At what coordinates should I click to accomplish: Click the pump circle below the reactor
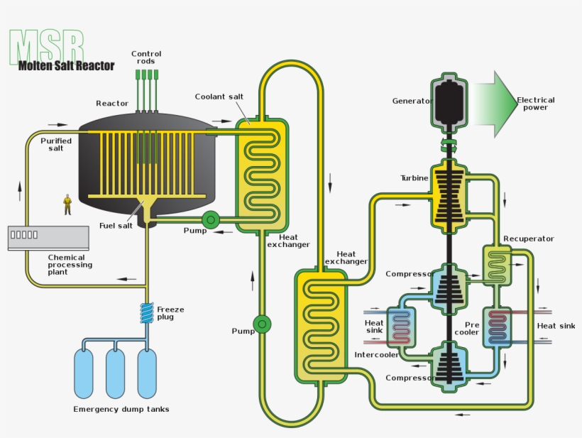(x=211, y=220)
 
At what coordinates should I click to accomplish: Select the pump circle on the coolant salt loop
(x=262, y=324)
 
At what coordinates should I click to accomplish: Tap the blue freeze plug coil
(x=147, y=313)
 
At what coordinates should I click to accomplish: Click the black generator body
(x=449, y=103)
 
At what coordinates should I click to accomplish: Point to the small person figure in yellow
(x=67, y=204)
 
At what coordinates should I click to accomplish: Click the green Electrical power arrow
(x=495, y=104)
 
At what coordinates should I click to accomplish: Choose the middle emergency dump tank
(x=116, y=373)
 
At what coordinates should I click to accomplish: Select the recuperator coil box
(x=498, y=265)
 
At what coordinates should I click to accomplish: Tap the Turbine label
(x=414, y=178)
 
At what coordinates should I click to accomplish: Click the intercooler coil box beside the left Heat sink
(x=401, y=327)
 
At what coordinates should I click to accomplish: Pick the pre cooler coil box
(x=498, y=327)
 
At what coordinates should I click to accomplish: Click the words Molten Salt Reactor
(x=67, y=66)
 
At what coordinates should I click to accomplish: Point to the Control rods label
(x=146, y=58)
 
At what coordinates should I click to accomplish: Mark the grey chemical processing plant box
(x=48, y=238)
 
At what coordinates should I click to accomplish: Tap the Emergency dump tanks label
(x=121, y=409)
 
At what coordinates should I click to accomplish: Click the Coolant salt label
(x=219, y=97)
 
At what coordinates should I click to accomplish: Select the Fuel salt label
(x=116, y=226)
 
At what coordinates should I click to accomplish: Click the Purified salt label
(x=56, y=144)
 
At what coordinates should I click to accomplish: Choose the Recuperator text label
(x=529, y=239)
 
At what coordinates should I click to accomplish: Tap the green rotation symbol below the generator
(x=449, y=145)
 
